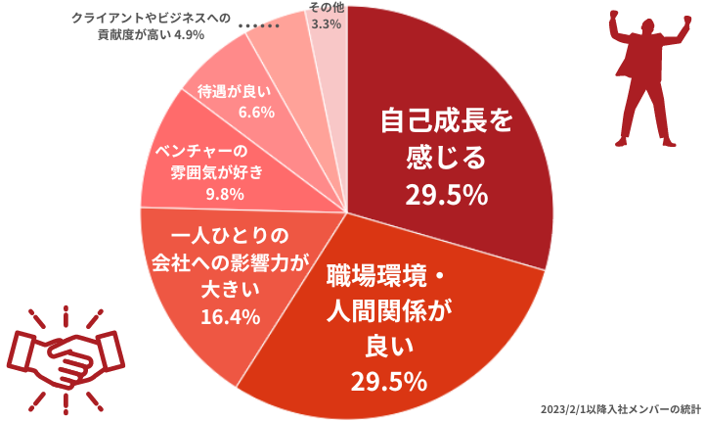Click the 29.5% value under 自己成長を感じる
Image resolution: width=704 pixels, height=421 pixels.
[446, 196]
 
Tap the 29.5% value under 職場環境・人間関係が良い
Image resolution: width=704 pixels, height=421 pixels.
[389, 382]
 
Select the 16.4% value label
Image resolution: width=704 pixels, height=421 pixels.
[231, 317]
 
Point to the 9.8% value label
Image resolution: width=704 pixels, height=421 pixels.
[225, 194]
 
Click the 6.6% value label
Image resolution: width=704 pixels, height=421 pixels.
[256, 112]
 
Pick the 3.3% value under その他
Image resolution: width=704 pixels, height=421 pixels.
[327, 23]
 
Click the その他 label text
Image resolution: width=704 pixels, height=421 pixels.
[327, 8]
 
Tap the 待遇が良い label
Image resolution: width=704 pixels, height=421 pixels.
[235, 92]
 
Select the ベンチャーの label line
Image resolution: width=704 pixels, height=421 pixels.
[201, 151]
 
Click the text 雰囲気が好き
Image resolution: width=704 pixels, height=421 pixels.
[216, 172]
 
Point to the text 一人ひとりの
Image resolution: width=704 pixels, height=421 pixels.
[230, 236]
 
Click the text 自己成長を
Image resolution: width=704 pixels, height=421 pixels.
[447, 120]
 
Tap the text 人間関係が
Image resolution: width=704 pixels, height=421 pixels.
[389, 311]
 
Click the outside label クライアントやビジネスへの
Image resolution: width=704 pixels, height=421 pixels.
[152, 18]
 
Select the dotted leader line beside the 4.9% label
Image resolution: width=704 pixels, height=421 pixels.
[259, 26]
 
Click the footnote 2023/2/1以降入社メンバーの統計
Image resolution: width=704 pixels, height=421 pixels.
[621, 410]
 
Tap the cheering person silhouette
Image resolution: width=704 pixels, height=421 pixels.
[649, 78]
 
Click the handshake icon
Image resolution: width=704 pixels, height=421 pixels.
[66, 360]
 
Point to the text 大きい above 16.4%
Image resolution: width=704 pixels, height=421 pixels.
[231, 290]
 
